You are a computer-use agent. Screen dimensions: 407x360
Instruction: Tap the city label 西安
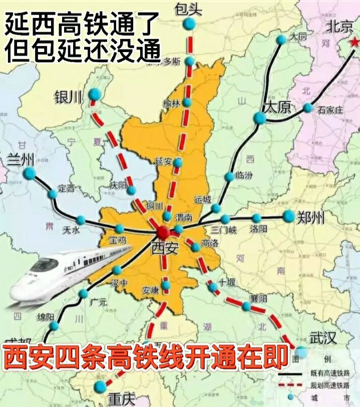[164, 248]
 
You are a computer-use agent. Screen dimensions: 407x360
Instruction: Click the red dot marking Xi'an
[162, 232]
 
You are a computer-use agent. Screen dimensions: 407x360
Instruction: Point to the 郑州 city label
[310, 217]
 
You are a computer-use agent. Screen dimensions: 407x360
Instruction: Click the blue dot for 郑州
[289, 216]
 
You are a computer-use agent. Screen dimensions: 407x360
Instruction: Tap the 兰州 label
[21, 160]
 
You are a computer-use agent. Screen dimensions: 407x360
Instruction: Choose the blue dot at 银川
[94, 94]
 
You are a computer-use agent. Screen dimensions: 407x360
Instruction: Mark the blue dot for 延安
[178, 163]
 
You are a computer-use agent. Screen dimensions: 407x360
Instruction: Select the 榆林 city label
[170, 102]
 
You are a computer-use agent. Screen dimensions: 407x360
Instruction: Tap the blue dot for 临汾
[229, 176]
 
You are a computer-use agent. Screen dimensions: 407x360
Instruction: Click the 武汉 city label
[322, 338]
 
